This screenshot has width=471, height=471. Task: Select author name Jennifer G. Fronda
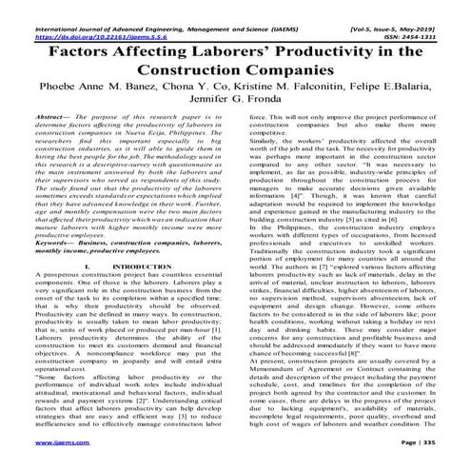(x=235, y=114)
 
